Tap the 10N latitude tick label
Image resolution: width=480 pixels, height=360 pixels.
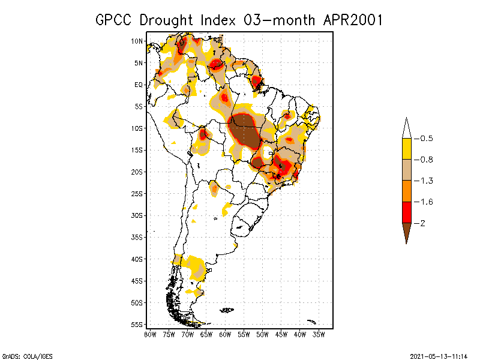click(x=137, y=41)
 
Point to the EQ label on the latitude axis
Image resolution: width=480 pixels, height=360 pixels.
click(x=138, y=85)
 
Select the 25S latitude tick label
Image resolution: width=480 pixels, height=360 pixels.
click(x=137, y=193)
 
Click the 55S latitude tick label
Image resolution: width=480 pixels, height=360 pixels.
click(x=137, y=324)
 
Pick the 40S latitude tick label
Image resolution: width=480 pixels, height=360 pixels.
click(x=137, y=259)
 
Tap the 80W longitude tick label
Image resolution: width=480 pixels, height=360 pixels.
click(x=150, y=334)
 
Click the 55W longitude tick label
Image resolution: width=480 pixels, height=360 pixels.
click(x=244, y=334)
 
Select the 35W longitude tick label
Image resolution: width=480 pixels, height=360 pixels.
click(x=319, y=334)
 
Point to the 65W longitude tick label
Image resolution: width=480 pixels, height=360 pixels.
click(x=206, y=334)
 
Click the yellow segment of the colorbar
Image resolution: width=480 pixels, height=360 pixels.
click(x=406, y=149)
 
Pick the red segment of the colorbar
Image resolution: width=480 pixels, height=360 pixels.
click(x=406, y=212)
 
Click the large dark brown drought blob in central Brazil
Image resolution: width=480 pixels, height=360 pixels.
click(x=244, y=132)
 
